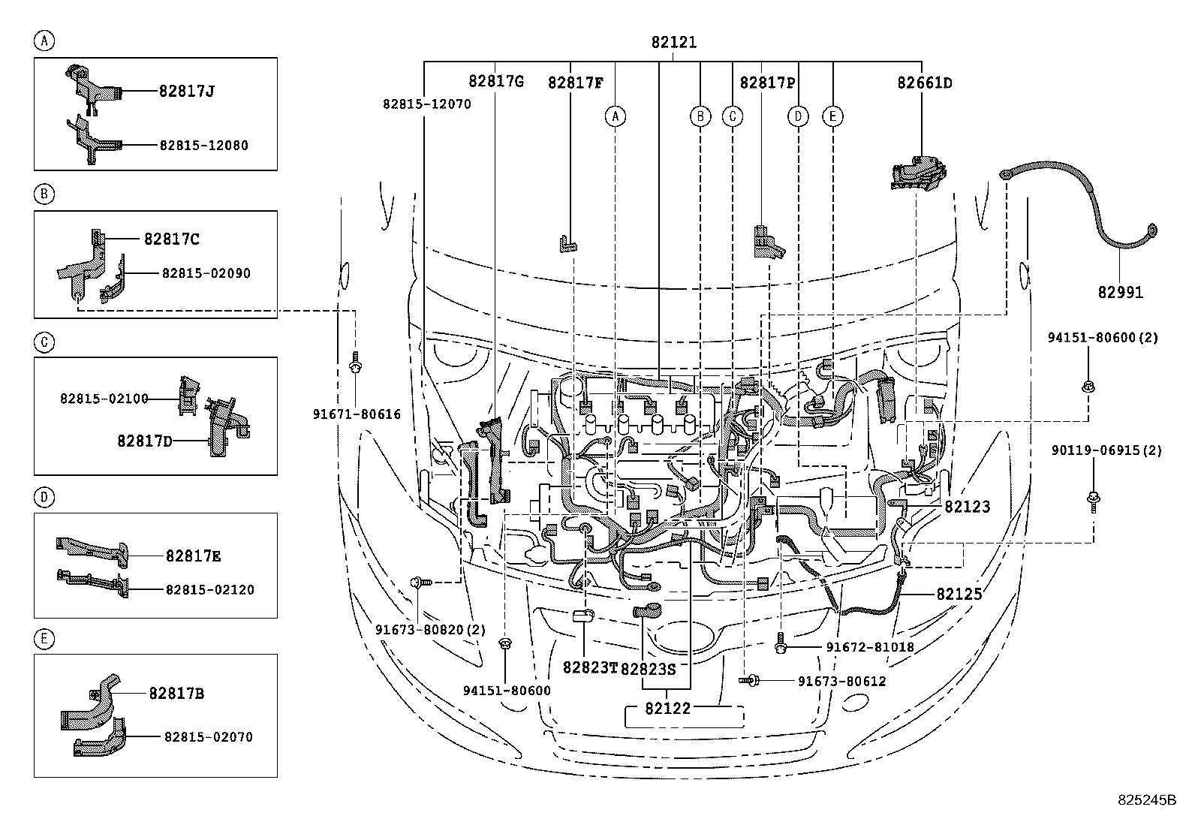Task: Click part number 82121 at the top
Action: [673, 43]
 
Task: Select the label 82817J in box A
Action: [187, 91]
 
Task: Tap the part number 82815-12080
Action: [203, 145]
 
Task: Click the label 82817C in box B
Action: [171, 239]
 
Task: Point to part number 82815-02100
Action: [104, 399]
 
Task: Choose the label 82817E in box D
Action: [193, 556]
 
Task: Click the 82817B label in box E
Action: [176, 694]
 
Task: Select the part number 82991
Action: [1120, 292]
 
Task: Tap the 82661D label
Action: [924, 83]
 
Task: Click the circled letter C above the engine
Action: [732, 116]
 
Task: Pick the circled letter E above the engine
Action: [832, 116]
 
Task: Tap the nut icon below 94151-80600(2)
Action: [1087, 387]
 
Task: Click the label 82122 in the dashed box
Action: [667, 708]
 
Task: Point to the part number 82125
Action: [959, 594]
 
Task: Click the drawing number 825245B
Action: [1145, 800]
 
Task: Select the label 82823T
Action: [589, 667]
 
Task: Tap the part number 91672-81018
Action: [869, 646]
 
